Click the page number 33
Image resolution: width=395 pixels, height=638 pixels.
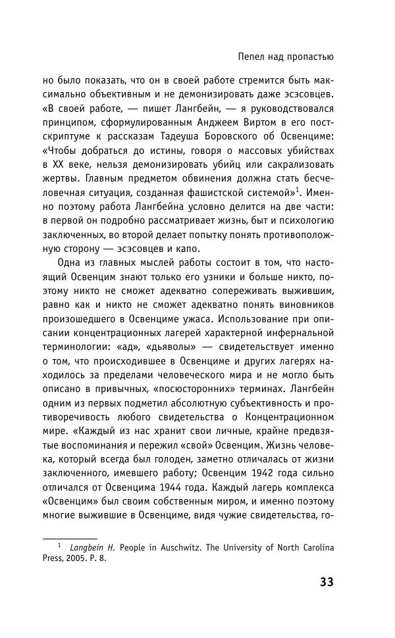click(x=327, y=581)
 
